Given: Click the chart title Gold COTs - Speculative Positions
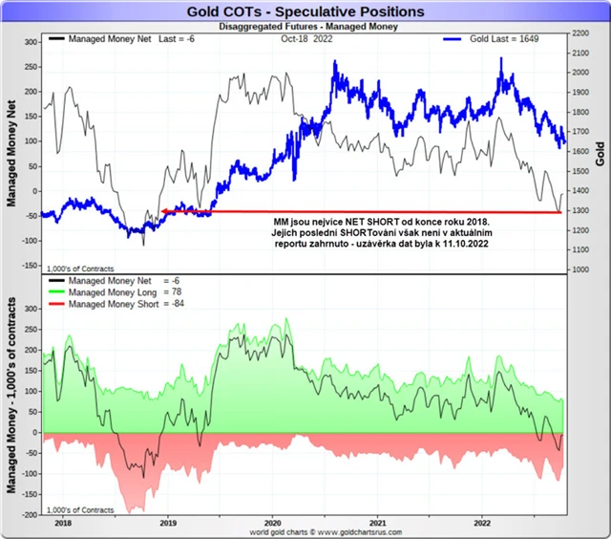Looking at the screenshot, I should pos(305,11).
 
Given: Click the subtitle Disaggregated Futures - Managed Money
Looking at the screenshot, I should pos(305,27).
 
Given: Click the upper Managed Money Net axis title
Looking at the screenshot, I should pos(11,154).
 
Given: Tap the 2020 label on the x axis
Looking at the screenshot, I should pos(273,524).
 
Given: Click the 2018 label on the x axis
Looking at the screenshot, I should pos(63,524).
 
